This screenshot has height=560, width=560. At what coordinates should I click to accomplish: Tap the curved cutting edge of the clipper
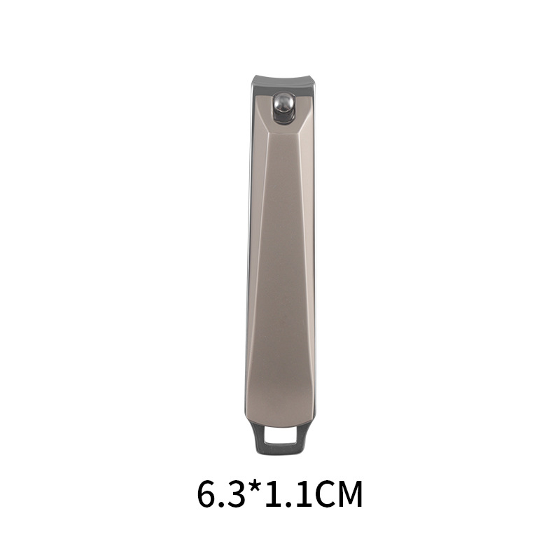coord(284,80)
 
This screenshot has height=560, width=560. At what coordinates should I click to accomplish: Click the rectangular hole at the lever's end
coord(281,436)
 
